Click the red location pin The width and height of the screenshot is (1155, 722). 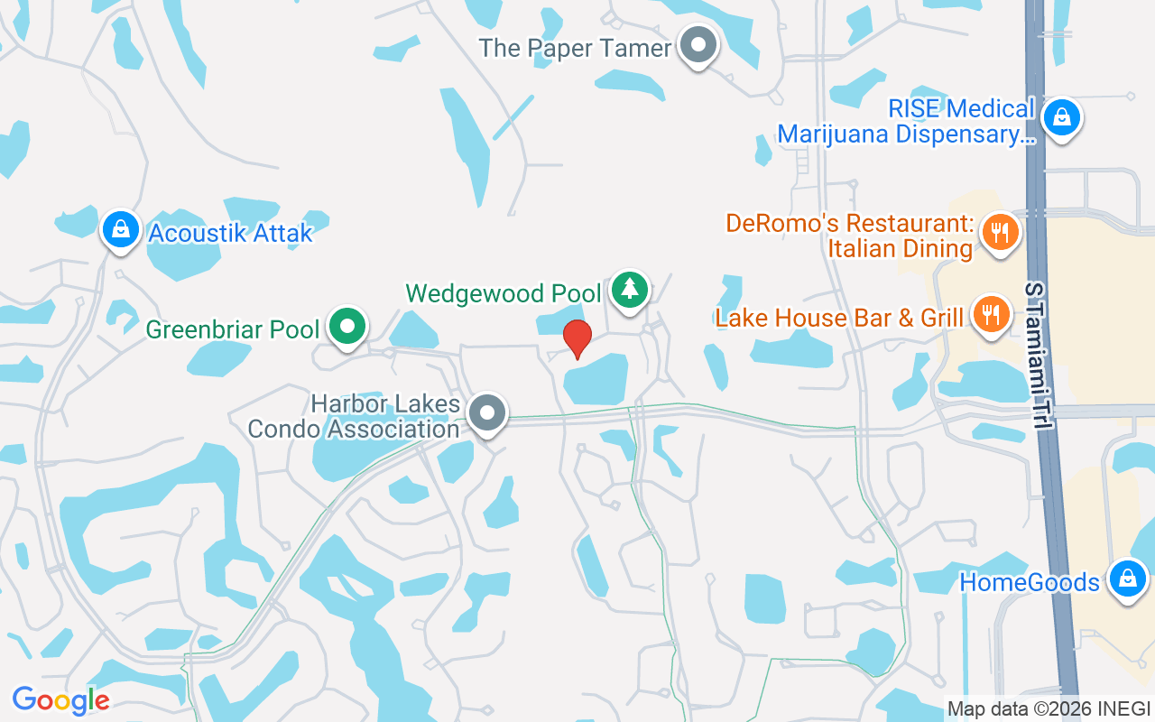click(577, 338)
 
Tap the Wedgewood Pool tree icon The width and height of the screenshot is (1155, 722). click(630, 289)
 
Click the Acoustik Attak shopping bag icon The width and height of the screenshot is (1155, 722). click(120, 229)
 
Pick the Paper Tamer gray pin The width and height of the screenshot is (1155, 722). click(698, 44)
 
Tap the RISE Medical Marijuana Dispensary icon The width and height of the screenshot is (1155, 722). click(1062, 116)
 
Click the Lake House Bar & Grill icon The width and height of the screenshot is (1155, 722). click(992, 314)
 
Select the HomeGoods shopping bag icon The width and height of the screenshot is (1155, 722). click(1127, 578)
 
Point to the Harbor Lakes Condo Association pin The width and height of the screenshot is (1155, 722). click(488, 413)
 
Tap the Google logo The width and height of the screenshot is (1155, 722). click(60, 700)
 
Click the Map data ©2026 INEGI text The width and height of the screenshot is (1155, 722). click(1049, 708)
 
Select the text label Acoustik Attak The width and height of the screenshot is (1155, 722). click(230, 233)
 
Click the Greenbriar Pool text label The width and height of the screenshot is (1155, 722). click(233, 329)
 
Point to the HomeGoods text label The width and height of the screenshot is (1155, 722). click(1029, 582)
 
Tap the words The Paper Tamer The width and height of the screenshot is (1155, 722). click(575, 48)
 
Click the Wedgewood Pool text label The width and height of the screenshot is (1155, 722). click(504, 293)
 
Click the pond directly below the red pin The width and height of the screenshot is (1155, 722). click(596, 380)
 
